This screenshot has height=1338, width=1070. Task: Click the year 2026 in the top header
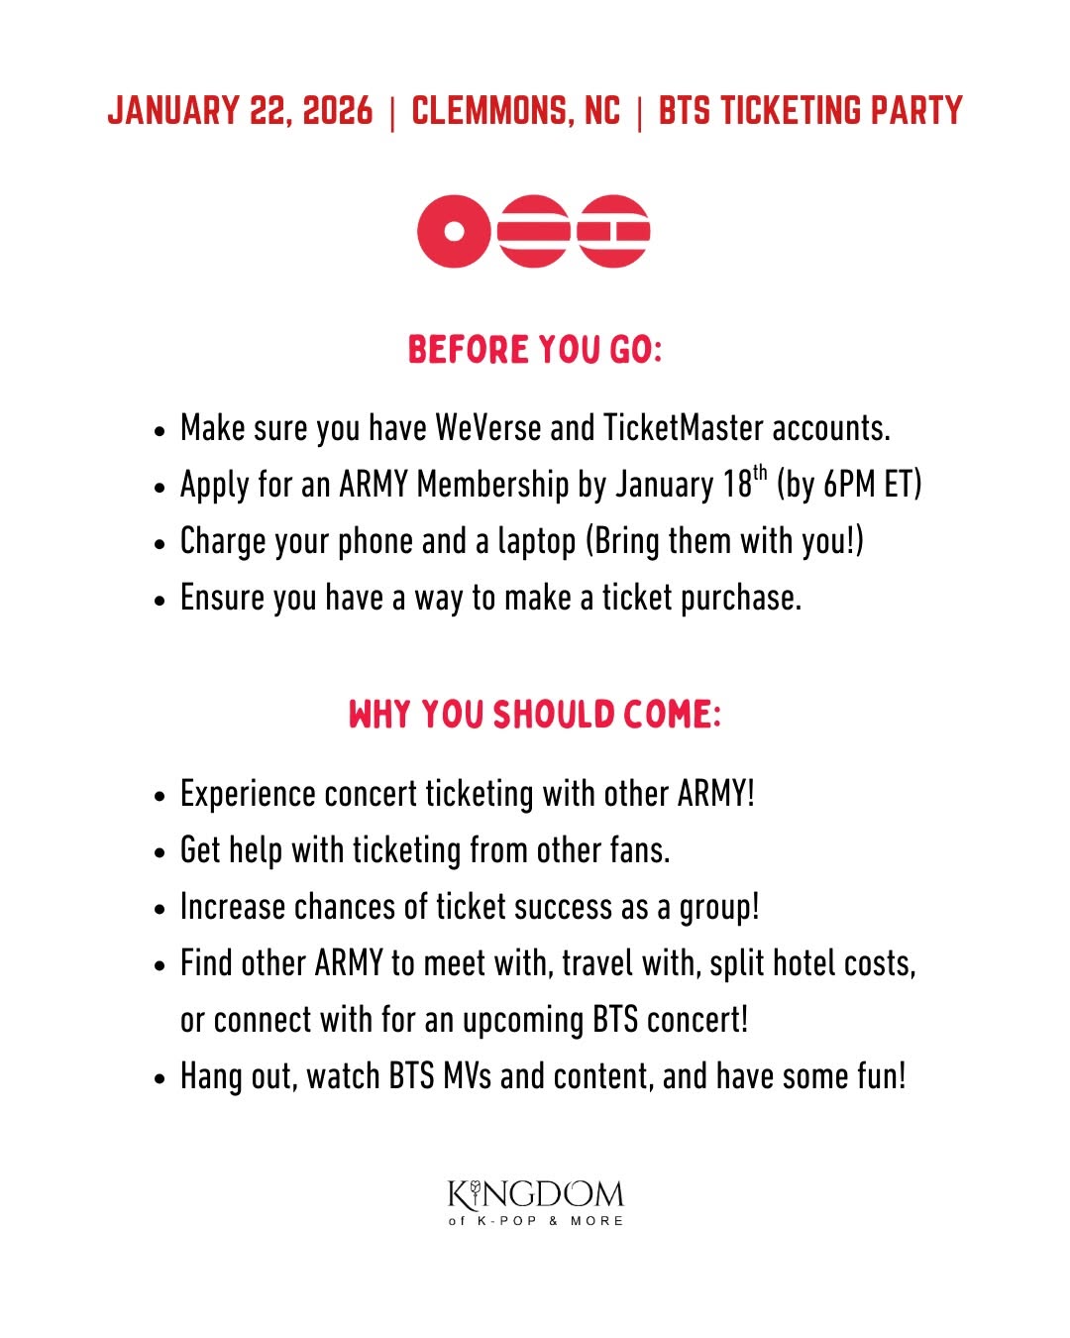[x=338, y=111]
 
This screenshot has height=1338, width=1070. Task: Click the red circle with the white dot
[x=454, y=231]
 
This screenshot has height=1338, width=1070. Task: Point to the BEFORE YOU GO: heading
[x=534, y=350]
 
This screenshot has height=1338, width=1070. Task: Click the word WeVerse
[x=488, y=428]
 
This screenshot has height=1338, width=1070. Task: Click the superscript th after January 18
[x=760, y=473]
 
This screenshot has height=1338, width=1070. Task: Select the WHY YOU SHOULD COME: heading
[x=534, y=715]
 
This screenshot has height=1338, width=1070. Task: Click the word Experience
[x=249, y=795]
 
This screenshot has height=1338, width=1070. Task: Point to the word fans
[x=637, y=850]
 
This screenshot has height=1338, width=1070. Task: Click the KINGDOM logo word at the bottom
[x=535, y=1194]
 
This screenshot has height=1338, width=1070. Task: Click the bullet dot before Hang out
[x=160, y=1078]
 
